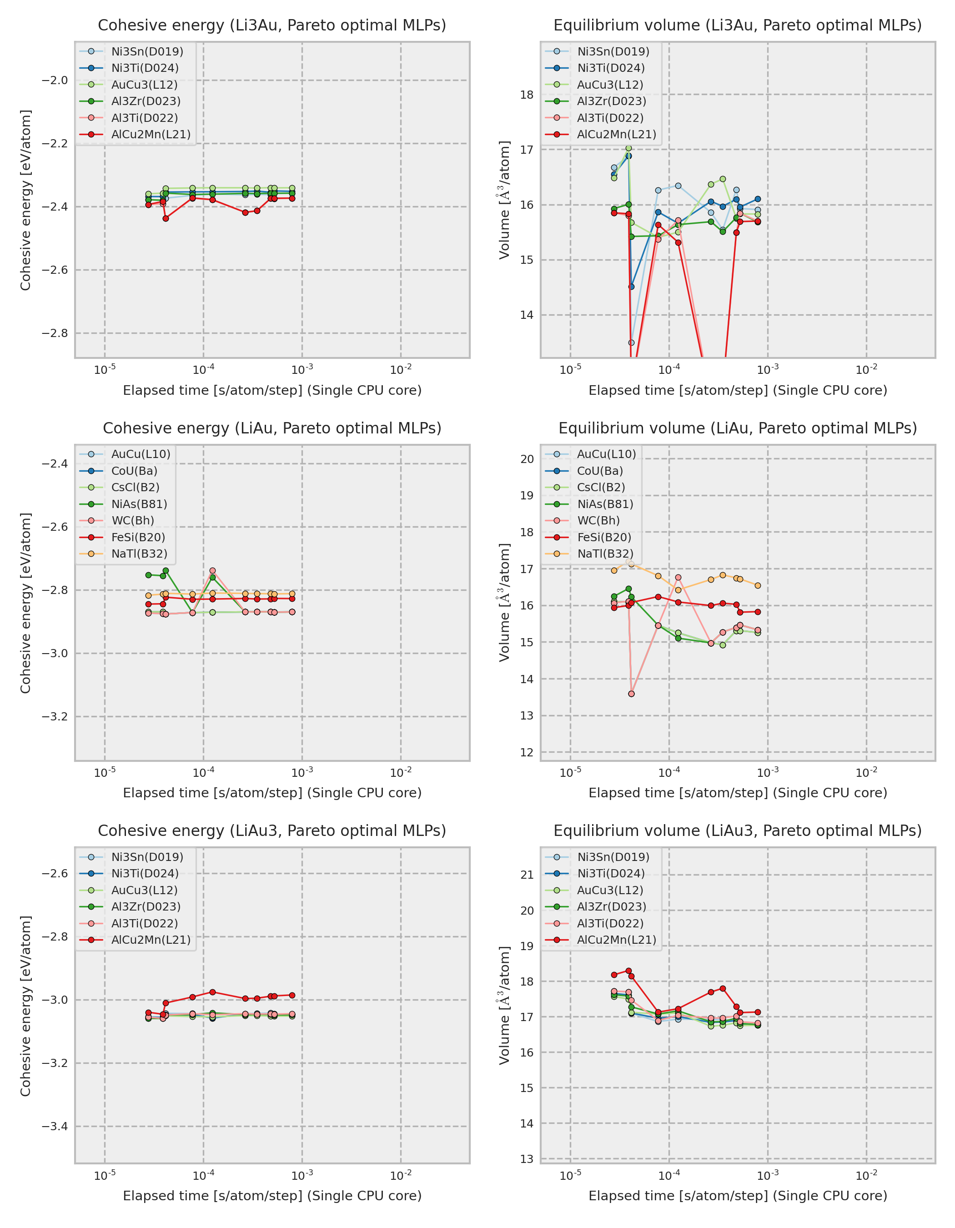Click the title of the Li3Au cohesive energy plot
(x=272, y=25)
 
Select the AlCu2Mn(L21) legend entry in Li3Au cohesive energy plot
(x=151, y=134)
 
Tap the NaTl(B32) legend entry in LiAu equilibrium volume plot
(x=605, y=554)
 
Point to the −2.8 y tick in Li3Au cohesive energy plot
(x=55, y=333)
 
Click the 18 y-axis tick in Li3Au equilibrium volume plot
(x=527, y=95)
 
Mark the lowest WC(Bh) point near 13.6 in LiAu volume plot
(x=631, y=694)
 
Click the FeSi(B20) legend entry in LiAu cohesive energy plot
(x=138, y=537)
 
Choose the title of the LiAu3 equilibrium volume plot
(x=738, y=830)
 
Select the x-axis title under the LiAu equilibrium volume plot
(x=738, y=793)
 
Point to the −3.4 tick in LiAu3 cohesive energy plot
(x=55, y=1126)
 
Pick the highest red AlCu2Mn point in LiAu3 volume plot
(x=628, y=971)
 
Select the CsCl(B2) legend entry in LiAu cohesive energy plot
(x=135, y=488)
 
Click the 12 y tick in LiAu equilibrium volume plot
(x=527, y=752)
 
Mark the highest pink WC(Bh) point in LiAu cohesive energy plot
(x=212, y=571)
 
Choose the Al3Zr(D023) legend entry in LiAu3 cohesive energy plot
(x=146, y=906)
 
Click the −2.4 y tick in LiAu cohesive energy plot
(x=55, y=464)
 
